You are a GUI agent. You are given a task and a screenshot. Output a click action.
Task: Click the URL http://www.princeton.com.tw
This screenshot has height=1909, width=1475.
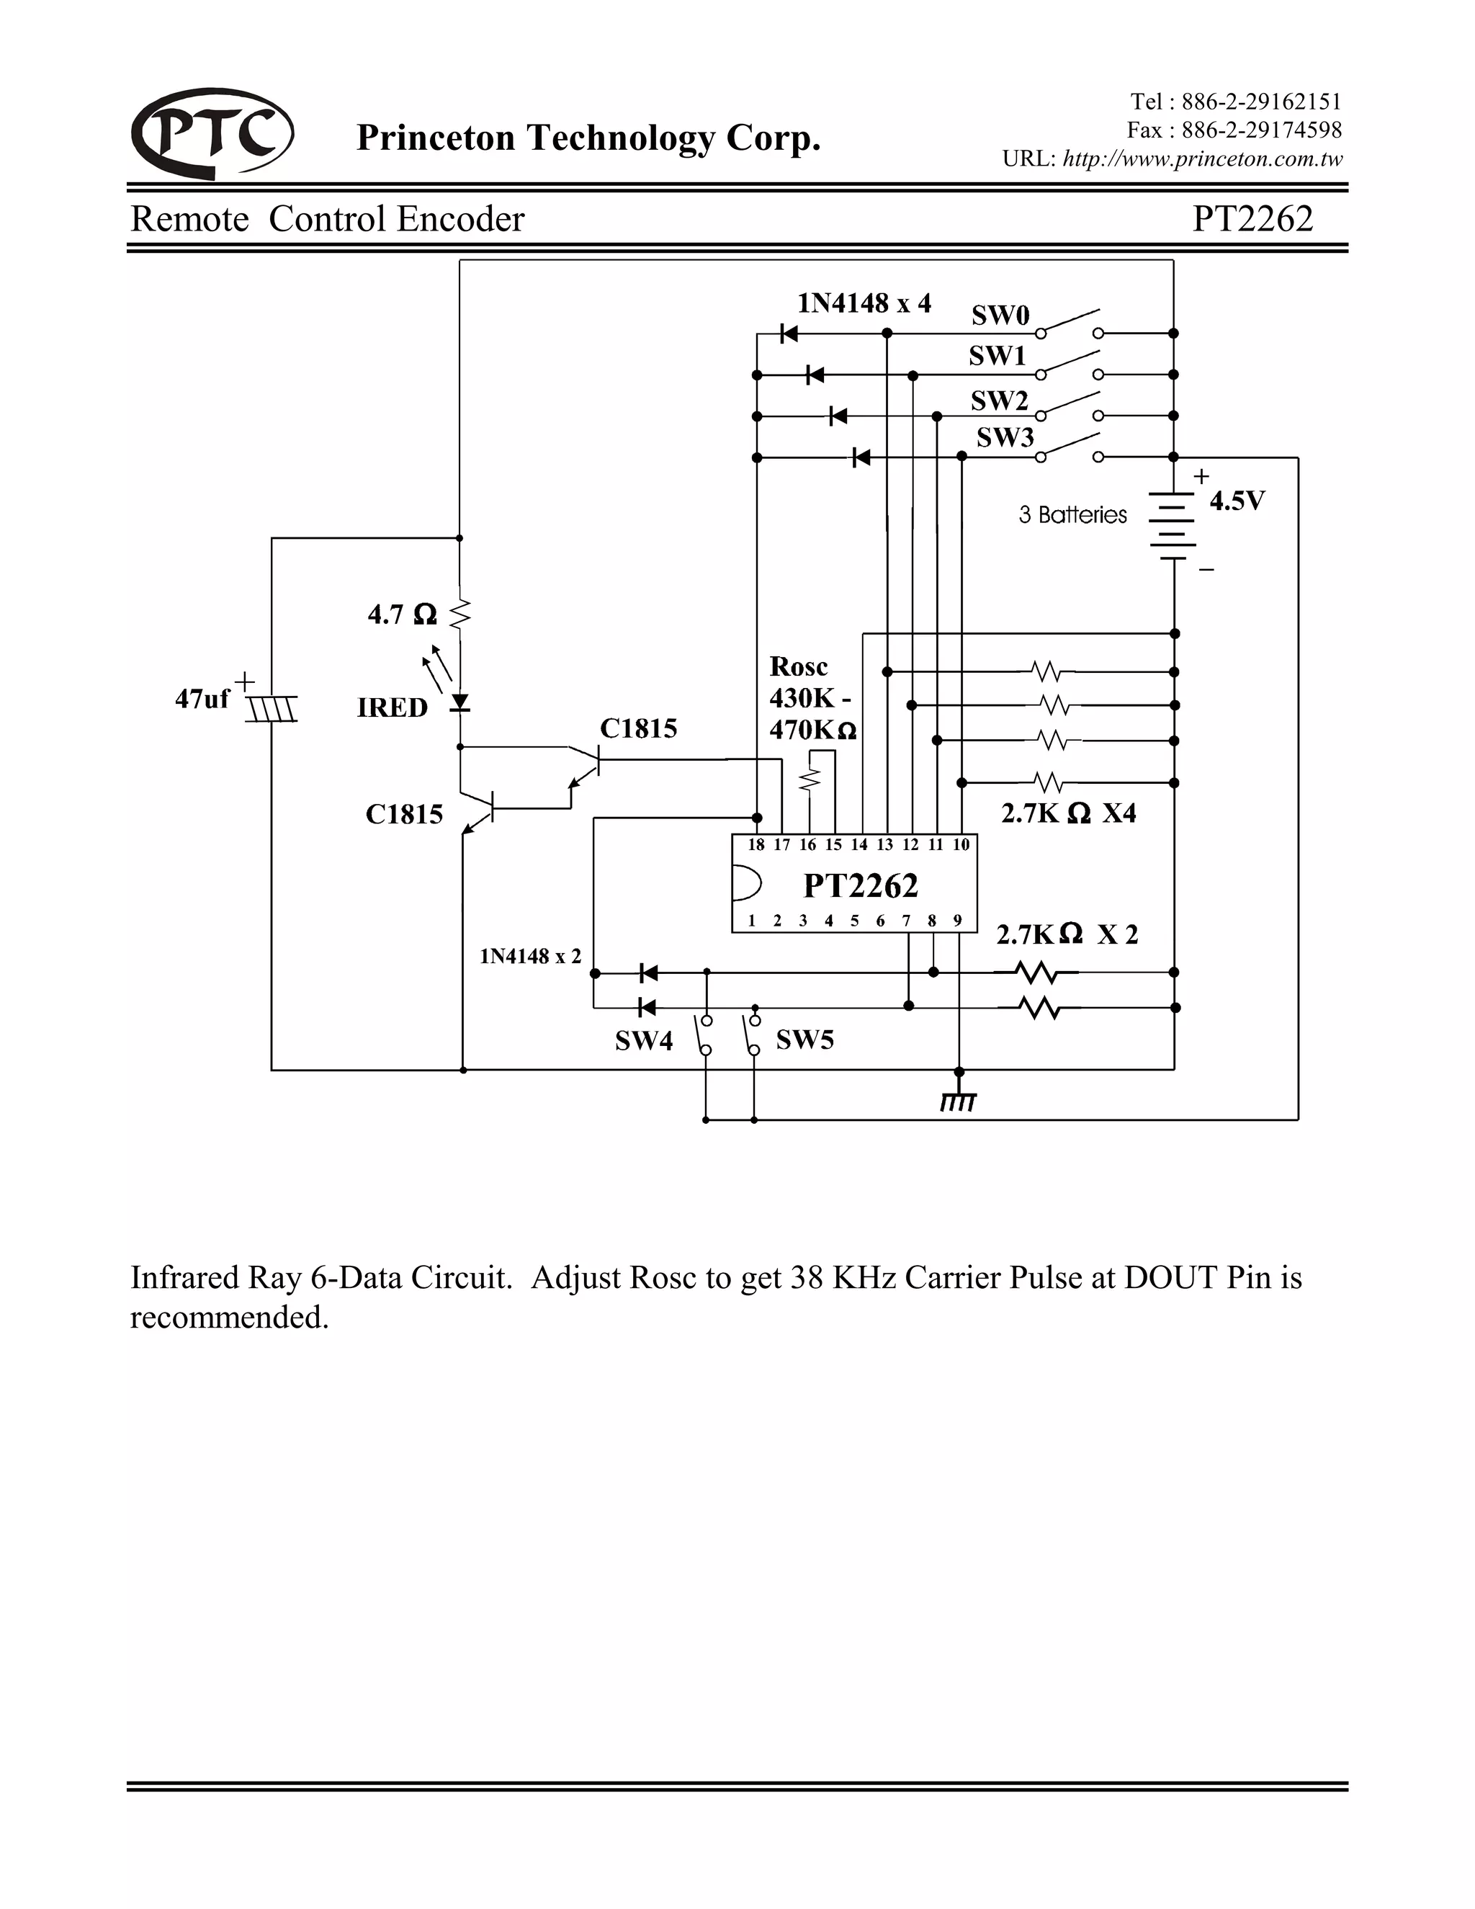tap(1201, 159)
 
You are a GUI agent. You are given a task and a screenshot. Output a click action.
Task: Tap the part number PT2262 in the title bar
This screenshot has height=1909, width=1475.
tap(1252, 218)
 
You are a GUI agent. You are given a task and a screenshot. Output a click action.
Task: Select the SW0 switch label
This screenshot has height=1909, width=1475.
tap(1000, 315)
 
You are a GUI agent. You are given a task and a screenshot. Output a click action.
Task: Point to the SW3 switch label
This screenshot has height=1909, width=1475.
tap(1005, 437)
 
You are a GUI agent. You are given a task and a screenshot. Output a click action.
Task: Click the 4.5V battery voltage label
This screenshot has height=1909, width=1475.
tap(1237, 501)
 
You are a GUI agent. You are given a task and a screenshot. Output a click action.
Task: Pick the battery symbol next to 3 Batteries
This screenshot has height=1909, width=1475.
tap(1173, 524)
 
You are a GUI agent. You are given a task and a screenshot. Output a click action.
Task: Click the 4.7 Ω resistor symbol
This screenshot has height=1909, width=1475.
tap(460, 614)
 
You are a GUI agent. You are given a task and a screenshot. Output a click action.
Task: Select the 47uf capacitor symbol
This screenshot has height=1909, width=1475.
tap(272, 707)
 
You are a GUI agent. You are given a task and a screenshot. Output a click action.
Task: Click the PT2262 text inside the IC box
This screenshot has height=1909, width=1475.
tap(861, 885)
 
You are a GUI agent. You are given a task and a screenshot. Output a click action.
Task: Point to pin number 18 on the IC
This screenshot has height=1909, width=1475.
tap(756, 844)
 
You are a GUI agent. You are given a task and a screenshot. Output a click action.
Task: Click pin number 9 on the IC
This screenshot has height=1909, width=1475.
tap(958, 921)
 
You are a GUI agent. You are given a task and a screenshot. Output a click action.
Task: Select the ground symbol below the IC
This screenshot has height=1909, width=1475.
tap(959, 1101)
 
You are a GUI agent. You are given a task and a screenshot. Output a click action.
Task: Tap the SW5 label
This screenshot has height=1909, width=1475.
tap(804, 1040)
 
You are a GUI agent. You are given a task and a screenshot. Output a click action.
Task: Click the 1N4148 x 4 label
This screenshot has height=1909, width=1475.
tap(864, 303)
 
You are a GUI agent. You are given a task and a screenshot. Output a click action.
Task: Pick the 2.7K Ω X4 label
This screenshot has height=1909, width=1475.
tap(1068, 813)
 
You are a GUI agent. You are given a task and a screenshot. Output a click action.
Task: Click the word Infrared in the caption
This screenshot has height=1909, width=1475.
tap(185, 1277)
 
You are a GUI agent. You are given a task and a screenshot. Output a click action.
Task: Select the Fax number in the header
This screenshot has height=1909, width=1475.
tap(1234, 130)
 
